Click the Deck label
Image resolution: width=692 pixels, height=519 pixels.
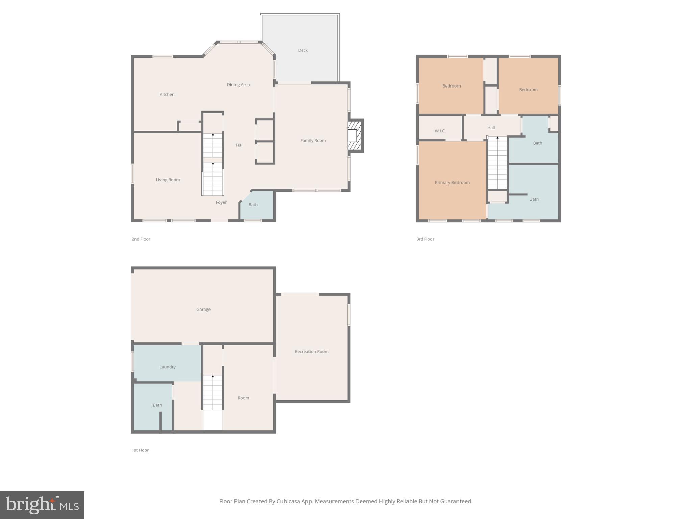(303, 50)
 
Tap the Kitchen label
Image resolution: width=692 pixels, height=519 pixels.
(167, 95)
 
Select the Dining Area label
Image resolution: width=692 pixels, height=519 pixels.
(238, 85)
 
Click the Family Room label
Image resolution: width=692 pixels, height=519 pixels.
(313, 141)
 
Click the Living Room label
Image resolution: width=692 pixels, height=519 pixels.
(168, 180)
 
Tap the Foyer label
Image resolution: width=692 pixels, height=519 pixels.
(221, 202)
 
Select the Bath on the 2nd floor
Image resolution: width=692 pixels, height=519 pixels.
(253, 205)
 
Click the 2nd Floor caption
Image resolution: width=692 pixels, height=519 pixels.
(141, 239)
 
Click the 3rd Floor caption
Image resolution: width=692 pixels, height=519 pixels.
(425, 239)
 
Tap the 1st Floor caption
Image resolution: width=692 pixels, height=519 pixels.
(140, 450)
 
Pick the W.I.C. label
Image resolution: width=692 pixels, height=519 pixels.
(440, 131)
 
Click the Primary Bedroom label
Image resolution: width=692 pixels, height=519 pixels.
(452, 183)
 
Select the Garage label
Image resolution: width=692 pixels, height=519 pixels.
(203, 310)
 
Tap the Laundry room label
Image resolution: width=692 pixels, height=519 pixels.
(167, 367)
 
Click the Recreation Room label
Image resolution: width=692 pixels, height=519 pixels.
(311, 352)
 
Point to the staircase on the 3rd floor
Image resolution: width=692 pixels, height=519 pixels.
(497, 162)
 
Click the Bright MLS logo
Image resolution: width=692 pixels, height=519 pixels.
(42, 505)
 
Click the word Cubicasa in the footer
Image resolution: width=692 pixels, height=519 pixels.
(290, 501)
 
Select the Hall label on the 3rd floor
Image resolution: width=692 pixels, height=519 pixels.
(491, 128)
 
